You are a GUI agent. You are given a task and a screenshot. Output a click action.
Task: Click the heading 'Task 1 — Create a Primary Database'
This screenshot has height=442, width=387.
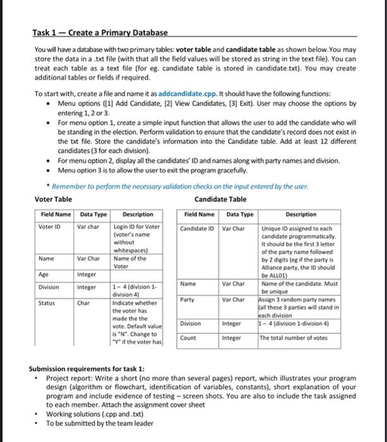(x=100, y=32)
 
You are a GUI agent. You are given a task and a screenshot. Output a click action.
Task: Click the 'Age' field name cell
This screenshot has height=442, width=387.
(x=45, y=275)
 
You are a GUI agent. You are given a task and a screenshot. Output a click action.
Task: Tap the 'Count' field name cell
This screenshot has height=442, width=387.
(x=188, y=338)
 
